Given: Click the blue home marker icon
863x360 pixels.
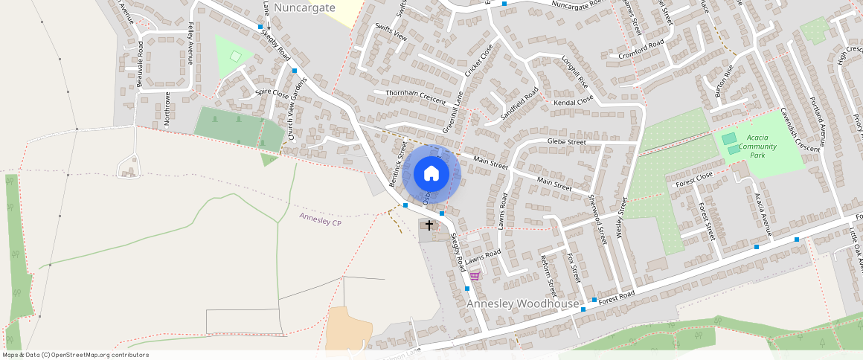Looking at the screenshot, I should pyautogui.click(x=431, y=174).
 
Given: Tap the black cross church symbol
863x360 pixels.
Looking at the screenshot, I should pyautogui.click(x=429, y=225).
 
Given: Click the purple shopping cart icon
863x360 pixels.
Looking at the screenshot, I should pyautogui.click(x=475, y=275).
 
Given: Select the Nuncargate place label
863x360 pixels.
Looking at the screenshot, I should pyautogui.click(x=304, y=7).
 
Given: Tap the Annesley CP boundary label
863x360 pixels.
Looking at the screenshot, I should pyautogui.click(x=320, y=219).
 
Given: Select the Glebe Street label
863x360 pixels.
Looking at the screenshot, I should pyautogui.click(x=567, y=141).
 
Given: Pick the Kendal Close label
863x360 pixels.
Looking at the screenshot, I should pyautogui.click(x=574, y=99).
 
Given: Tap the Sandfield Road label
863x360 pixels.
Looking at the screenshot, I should pyautogui.click(x=519, y=105).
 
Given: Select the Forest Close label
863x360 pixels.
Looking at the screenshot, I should pyautogui.click(x=694, y=178).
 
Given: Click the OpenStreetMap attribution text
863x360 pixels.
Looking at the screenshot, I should pyautogui.click(x=74, y=355).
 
